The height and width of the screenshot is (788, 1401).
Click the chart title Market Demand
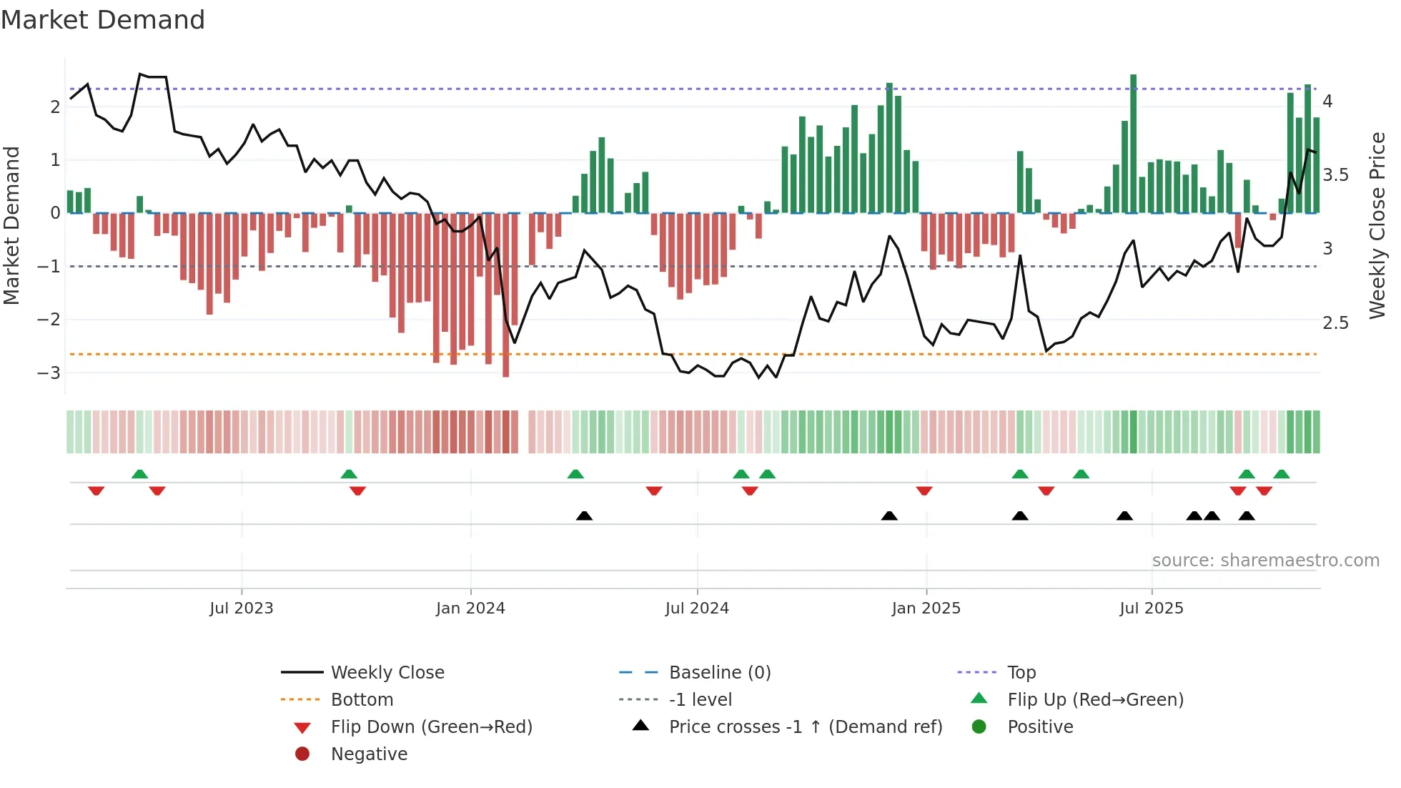pyautogui.click(x=103, y=20)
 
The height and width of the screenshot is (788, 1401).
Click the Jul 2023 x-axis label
pyautogui.click(x=241, y=609)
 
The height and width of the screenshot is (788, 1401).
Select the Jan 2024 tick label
pyautogui.click(x=470, y=609)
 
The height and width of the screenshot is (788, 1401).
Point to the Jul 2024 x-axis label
pyautogui.click(x=697, y=609)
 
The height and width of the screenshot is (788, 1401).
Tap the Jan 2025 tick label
pyautogui.click(x=926, y=609)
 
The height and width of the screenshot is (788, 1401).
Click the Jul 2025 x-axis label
pyautogui.click(x=1152, y=609)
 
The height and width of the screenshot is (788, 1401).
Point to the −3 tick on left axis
pyautogui.click(x=49, y=373)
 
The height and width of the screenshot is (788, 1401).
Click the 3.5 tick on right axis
pyautogui.click(x=1335, y=175)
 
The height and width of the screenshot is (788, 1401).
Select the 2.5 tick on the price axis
pyautogui.click(x=1335, y=323)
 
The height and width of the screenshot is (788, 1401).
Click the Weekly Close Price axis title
pyautogui.click(x=1377, y=225)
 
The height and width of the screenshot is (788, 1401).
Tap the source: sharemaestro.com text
pyautogui.click(x=1265, y=561)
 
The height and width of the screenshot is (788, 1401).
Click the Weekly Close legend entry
pyautogui.click(x=387, y=673)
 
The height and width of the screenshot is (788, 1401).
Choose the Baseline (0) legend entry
pyautogui.click(x=719, y=673)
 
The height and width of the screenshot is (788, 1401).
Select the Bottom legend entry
pyautogui.click(x=362, y=700)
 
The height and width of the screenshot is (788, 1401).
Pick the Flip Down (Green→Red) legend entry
pyautogui.click(x=431, y=727)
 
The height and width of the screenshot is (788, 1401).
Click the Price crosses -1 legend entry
pyautogui.click(x=805, y=727)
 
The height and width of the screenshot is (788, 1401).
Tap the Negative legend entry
pyautogui.click(x=369, y=754)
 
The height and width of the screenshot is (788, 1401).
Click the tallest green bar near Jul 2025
pyautogui.click(x=1133, y=143)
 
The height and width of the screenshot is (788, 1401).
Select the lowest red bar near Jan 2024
pyautogui.click(x=506, y=300)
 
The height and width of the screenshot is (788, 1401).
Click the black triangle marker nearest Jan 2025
pyautogui.click(x=889, y=516)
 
